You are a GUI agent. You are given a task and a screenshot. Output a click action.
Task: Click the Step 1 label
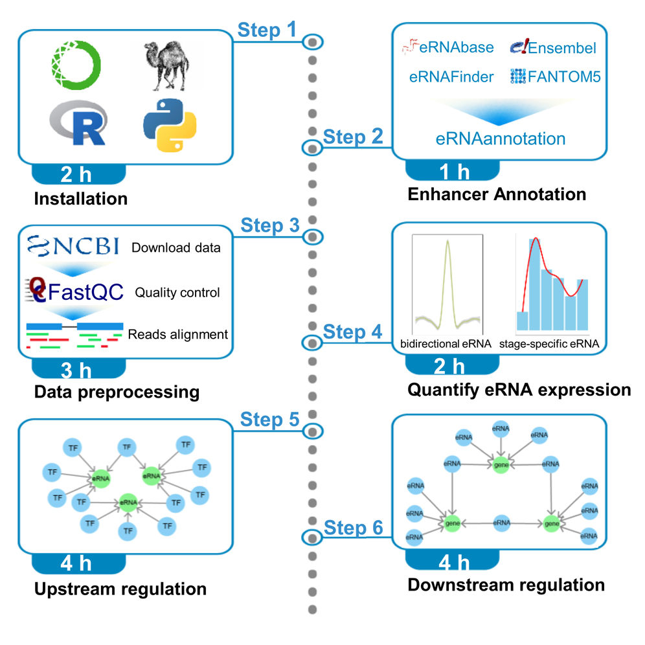point(267,29)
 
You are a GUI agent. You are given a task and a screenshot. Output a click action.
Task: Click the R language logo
point(78,123)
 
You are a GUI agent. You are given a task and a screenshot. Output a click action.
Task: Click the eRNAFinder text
point(451,77)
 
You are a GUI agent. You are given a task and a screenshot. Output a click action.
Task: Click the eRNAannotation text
point(500,138)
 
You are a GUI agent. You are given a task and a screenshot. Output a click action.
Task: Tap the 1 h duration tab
point(453,172)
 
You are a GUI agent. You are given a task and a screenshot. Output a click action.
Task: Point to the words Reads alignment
point(178,335)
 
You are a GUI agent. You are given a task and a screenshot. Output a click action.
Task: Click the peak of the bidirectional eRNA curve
point(447,241)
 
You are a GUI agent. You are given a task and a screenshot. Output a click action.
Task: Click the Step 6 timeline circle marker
point(312,537)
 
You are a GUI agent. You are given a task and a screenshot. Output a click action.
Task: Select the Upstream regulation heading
point(120,589)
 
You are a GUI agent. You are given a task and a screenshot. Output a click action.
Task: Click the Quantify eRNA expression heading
point(519,390)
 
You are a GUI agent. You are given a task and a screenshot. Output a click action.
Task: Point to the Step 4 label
point(352,332)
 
